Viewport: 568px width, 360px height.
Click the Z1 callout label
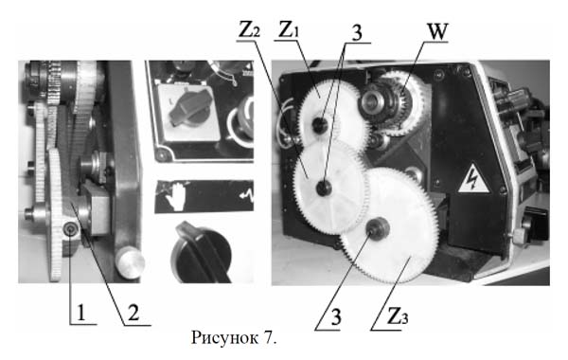[x=289, y=29]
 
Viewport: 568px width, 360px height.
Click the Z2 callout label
[x=249, y=29]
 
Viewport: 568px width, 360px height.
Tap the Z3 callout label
[x=398, y=316]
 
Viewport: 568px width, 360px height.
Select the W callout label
[x=437, y=32]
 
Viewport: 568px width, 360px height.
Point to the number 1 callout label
[x=80, y=313]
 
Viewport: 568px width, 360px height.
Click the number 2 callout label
[x=133, y=313]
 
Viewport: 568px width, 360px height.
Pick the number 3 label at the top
[x=357, y=33]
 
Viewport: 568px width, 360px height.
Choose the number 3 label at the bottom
[x=336, y=317]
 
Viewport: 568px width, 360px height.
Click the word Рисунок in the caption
[x=224, y=337]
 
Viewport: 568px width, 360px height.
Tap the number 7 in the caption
[x=270, y=337]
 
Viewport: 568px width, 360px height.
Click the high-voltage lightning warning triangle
[x=473, y=179]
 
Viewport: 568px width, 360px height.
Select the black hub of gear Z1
[x=320, y=125]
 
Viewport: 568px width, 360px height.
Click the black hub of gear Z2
[x=324, y=188]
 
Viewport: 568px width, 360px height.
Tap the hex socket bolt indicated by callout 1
[x=69, y=228]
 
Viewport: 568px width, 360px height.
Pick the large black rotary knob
[x=202, y=253]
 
